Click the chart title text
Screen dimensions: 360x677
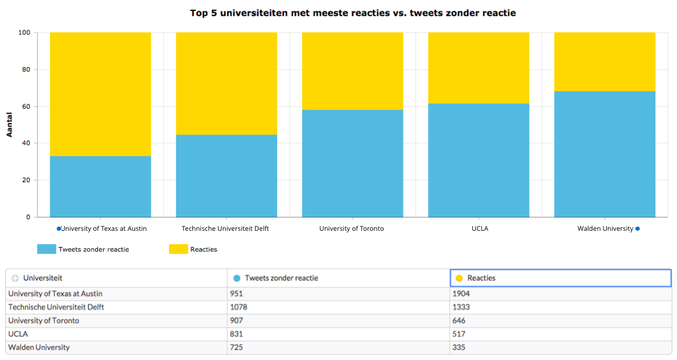[x=352, y=13]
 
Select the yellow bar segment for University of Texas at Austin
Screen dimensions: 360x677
[x=100, y=94]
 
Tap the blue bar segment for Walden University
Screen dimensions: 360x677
[x=605, y=154]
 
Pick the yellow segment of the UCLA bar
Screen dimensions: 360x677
[x=479, y=68]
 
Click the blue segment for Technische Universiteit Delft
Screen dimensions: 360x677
[x=226, y=176]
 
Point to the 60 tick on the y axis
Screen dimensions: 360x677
[x=25, y=106]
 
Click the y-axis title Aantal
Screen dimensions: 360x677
[x=9, y=125]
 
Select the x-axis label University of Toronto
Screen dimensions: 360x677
[x=351, y=229]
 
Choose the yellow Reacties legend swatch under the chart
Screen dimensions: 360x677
[x=178, y=249]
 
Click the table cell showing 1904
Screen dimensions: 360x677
[x=461, y=294]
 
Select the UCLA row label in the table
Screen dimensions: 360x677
[x=18, y=334]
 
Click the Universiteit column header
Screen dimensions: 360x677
[x=43, y=278]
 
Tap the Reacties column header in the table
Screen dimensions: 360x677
[x=481, y=278]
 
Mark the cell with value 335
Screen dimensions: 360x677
[x=459, y=347]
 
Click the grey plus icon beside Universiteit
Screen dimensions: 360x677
[x=15, y=278]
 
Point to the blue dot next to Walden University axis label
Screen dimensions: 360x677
[x=638, y=229]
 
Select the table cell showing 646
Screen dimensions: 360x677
[x=459, y=321]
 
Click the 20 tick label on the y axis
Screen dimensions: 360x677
[x=25, y=180]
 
